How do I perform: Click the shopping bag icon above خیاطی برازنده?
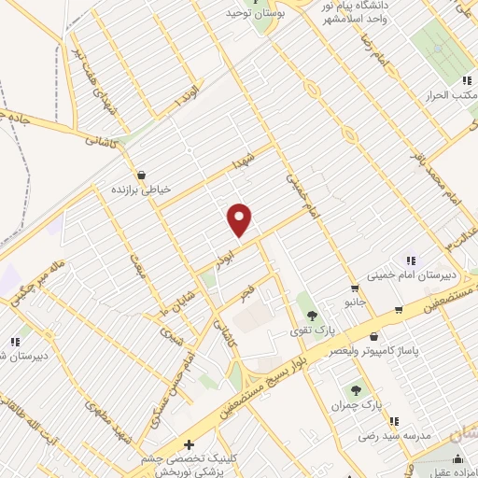[x=141, y=175]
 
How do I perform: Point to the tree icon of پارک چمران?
[x=357, y=389]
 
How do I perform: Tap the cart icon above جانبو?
[x=353, y=288]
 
